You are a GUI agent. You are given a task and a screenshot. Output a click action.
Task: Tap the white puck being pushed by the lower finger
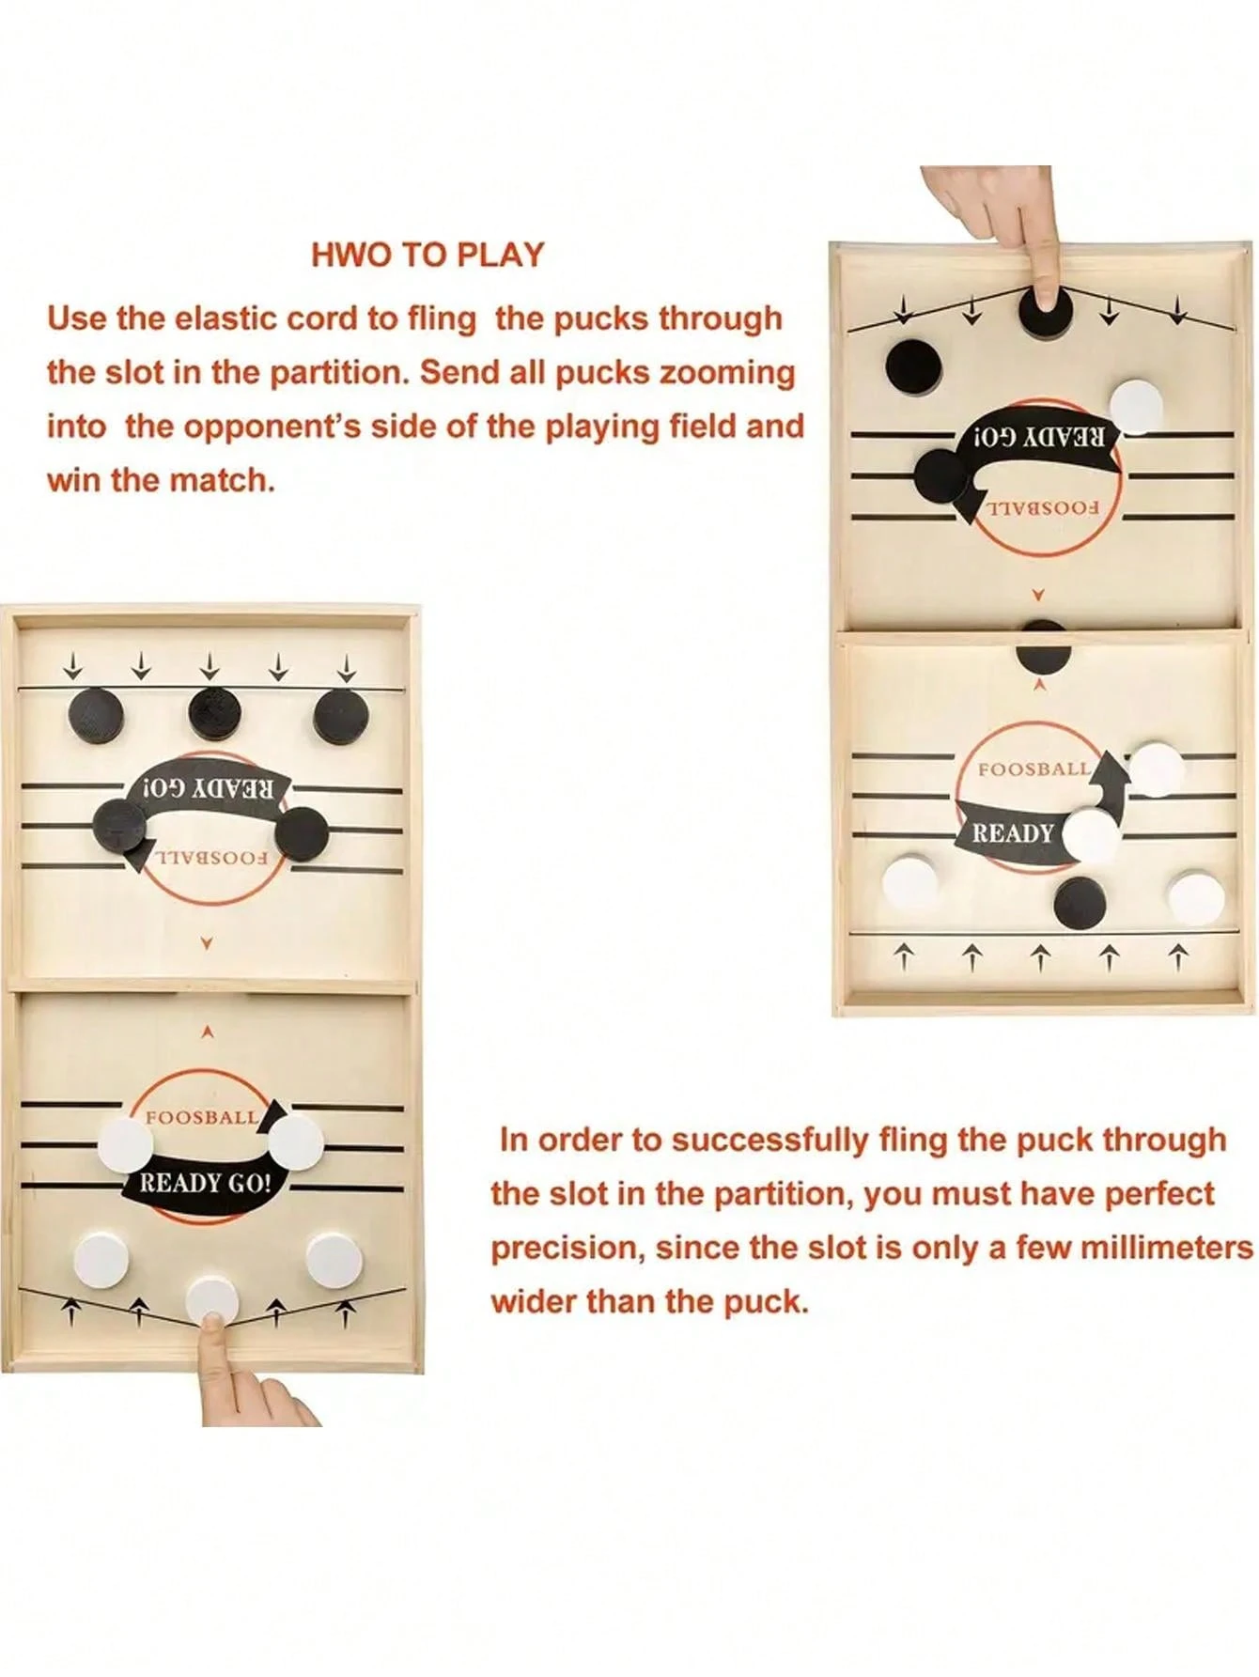pyautogui.click(x=212, y=1299)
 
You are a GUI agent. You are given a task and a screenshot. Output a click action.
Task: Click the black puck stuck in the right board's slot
pyautogui.click(x=1043, y=648)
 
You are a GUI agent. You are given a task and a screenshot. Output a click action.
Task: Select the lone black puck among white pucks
pyautogui.click(x=1080, y=902)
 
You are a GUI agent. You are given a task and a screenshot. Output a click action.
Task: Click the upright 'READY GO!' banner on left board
pyautogui.click(x=205, y=1183)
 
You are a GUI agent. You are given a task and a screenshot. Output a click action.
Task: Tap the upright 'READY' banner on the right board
pyautogui.click(x=1012, y=833)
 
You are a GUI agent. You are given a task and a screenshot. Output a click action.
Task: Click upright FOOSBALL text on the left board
pyautogui.click(x=201, y=1117)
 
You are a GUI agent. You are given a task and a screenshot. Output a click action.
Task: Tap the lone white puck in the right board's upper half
pyautogui.click(x=1136, y=406)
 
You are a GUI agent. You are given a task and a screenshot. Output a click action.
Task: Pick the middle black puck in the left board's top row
pyautogui.click(x=214, y=713)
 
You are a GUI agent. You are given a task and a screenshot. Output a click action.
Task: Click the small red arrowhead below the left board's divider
pyautogui.click(x=208, y=1032)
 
